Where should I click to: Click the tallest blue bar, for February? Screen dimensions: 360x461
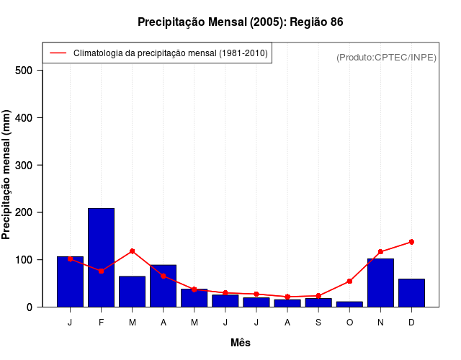click(x=101, y=257)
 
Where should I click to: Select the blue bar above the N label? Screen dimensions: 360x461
click(x=380, y=282)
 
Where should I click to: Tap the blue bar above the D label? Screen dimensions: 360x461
click(x=411, y=292)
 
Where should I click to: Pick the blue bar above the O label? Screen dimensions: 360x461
click(x=349, y=304)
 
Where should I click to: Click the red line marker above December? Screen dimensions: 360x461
click(x=411, y=242)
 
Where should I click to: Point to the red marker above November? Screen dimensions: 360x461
click(x=380, y=252)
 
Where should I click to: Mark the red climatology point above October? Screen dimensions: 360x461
click(x=349, y=282)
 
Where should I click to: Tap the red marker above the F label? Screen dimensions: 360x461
click(x=101, y=271)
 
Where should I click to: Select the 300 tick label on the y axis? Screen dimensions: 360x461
click(x=24, y=166)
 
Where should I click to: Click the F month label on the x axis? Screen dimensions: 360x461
click(x=101, y=322)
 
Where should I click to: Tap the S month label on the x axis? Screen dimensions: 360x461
click(x=318, y=322)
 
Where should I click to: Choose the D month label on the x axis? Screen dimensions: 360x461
click(x=411, y=322)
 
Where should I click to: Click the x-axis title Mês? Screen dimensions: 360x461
click(x=241, y=343)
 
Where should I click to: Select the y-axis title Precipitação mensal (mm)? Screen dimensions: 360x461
click(x=7, y=174)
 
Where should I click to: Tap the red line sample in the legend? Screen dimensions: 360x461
click(x=58, y=53)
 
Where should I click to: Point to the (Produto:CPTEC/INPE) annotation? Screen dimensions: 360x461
click(x=387, y=57)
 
